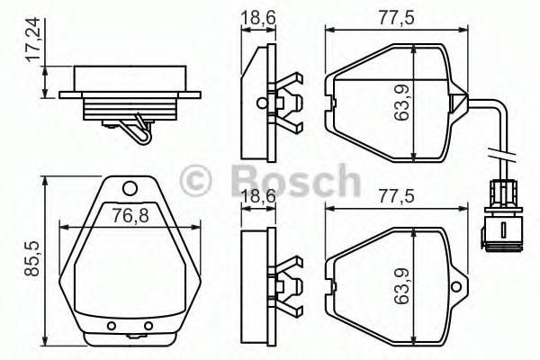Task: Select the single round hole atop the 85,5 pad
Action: [x=130, y=188]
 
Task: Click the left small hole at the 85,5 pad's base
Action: [x=112, y=325]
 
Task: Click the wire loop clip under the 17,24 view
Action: [x=137, y=129]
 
